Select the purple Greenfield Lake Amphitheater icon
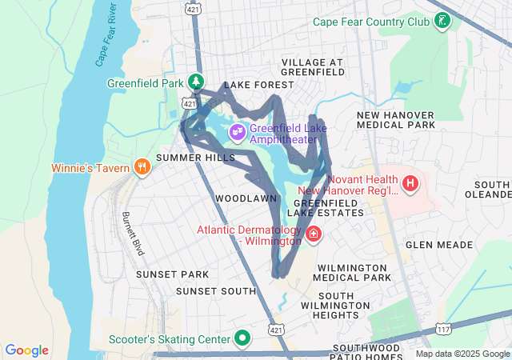pos(237,132)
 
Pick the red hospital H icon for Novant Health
pos(410,185)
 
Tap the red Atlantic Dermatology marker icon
pos(314,235)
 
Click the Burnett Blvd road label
pos(133,233)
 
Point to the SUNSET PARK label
pos(172,274)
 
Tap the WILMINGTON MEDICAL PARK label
pos(354,272)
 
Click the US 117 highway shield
pos(442,329)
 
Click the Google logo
pos(27,350)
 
